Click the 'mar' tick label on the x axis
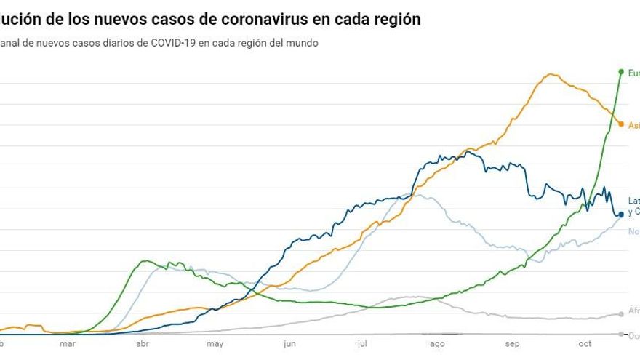pyautogui.click(x=68, y=344)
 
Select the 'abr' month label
pyautogui.click(x=143, y=344)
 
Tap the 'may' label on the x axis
pyautogui.click(x=215, y=344)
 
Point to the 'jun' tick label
pyautogui.click(x=289, y=344)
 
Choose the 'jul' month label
pyautogui.click(x=363, y=344)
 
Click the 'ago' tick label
pyautogui.click(x=437, y=344)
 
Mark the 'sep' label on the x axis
pyautogui.click(x=512, y=344)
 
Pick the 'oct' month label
pyautogui.click(x=585, y=344)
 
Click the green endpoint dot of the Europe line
pyautogui.click(x=620, y=72)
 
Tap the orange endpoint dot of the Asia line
pyautogui.click(x=620, y=124)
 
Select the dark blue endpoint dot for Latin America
pyautogui.click(x=620, y=214)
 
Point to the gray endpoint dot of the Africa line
pyautogui.click(x=620, y=314)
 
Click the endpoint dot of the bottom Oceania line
pyautogui.click(x=620, y=335)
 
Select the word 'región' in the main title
pyautogui.click(x=393, y=20)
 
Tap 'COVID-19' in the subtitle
pyautogui.click(x=172, y=43)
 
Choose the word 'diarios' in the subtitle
pyautogui.click(x=120, y=43)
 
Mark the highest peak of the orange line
pyautogui.click(x=551, y=74)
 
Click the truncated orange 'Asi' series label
pyautogui.click(x=633, y=125)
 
